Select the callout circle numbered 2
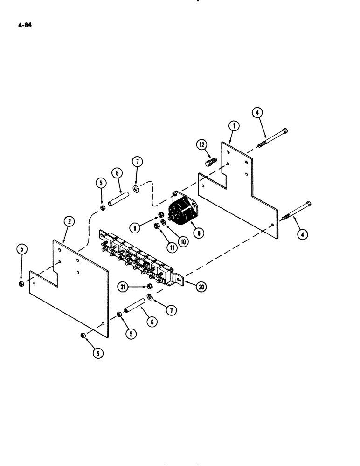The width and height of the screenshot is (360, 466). click(x=69, y=222)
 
